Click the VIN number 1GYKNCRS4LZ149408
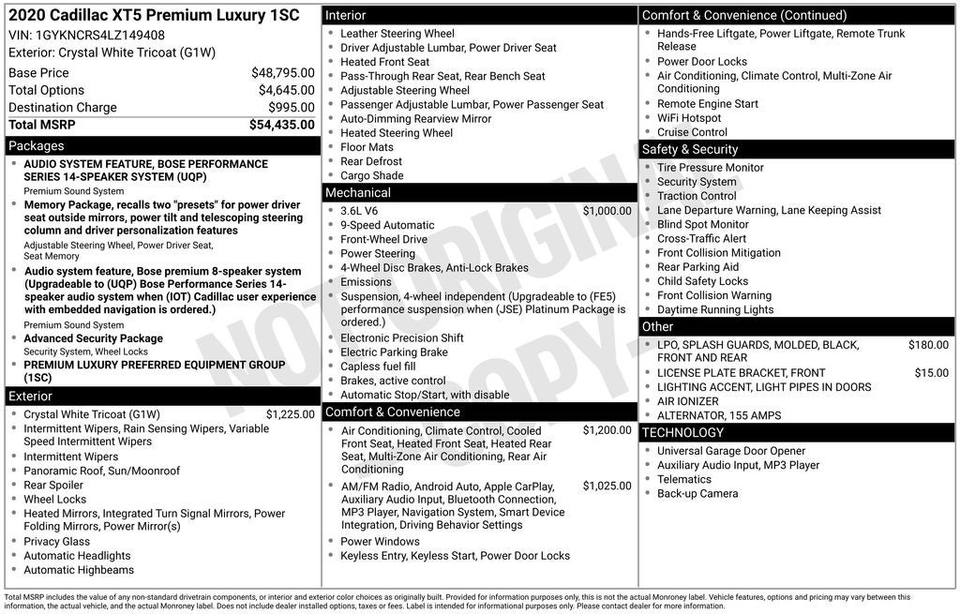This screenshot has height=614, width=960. pyautogui.click(x=99, y=35)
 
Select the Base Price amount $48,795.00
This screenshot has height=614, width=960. pyautogui.click(x=282, y=72)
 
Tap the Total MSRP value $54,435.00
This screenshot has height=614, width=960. pyautogui.click(x=281, y=125)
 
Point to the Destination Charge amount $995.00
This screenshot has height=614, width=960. pyautogui.click(x=291, y=108)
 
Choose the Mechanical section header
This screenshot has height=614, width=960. pyautogui.click(x=357, y=193)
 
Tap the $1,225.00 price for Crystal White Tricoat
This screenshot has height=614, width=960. pyautogui.click(x=290, y=414)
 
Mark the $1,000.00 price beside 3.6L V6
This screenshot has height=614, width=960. pyautogui.click(x=607, y=211)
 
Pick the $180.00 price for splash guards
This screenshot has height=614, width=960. pyautogui.click(x=928, y=345)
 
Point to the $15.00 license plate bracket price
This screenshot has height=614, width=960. pyautogui.click(x=931, y=373)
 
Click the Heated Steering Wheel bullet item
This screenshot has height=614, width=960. pyautogui.click(x=397, y=133)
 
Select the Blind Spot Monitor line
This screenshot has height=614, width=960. pyautogui.click(x=702, y=225)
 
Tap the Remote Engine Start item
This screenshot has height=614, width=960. pyautogui.click(x=708, y=104)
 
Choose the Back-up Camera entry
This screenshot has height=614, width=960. pyautogui.click(x=697, y=494)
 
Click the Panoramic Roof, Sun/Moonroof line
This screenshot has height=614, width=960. pyautogui.click(x=101, y=472)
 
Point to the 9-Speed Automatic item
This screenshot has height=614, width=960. pyautogui.click(x=387, y=225)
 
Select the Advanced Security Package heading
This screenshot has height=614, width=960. pyautogui.click(x=93, y=338)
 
